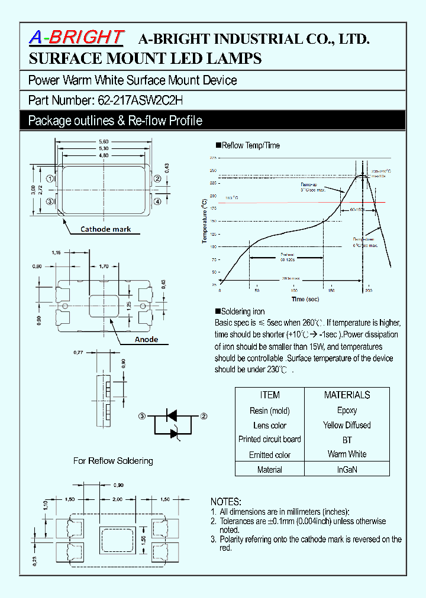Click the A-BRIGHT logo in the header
point(76,38)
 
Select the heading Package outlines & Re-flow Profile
point(115,121)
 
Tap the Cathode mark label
point(106,229)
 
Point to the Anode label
point(146,339)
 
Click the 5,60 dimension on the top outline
point(104,142)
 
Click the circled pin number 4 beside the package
point(157,201)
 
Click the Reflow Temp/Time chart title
point(250,145)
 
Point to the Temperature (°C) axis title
point(204,221)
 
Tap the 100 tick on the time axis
point(294,291)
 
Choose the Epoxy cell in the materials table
point(347,410)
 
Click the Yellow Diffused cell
point(347,425)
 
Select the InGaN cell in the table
point(347,470)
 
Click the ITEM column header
point(270,395)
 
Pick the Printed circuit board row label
point(270,439)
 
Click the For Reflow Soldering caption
point(113,460)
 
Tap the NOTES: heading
point(226,500)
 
